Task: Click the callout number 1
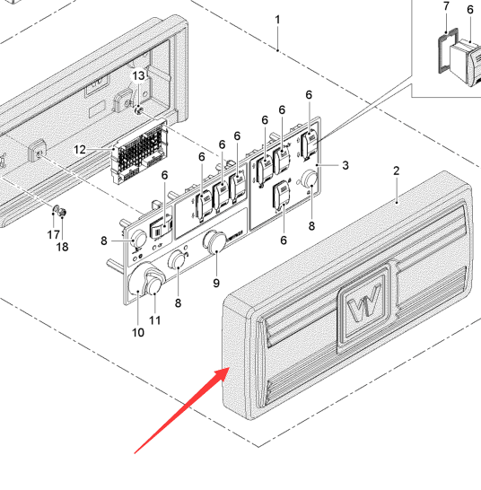pyautogui.click(x=277, y=21)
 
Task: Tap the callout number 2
pyautogui.click(x=397, y=171)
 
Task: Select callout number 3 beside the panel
pyautogui.click(x=345, y=165)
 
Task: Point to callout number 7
pyautogui.click(x=446, y=6)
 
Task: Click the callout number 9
pyautogui.click(x=216, y=283)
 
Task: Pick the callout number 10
pyautogui.click(x=138, y=332)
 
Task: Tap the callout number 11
pyautogui.click(x=154, y=320)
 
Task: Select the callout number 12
pyautogui.click(x=79, y=150)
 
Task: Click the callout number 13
pyautogui.click(x=139, y=76)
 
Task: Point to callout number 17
pyautogui.click(x=54, y=235)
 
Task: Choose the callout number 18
pyautogui.click(x=62, y=247)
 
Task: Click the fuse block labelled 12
pyautogui.click(x=139, y=153)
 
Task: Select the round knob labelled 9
pyautogui.click(x=215, y=241)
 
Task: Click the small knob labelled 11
pyautogui.click(x=153, y=286)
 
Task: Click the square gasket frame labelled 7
pyautogui.click(x=448, y=51)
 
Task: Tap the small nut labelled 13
pyautogui.click(x=138, y=110)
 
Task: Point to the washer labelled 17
pyautogui.click(x=56, y=209)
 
